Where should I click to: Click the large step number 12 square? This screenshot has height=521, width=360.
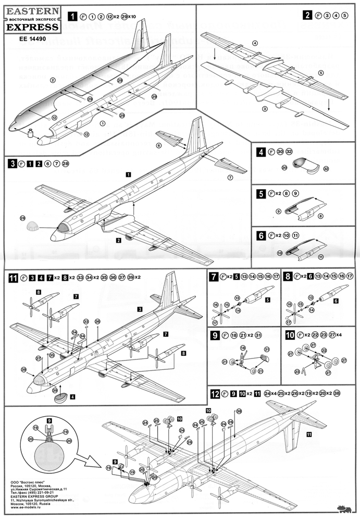213,394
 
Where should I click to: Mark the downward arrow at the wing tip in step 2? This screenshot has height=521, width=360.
328,104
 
